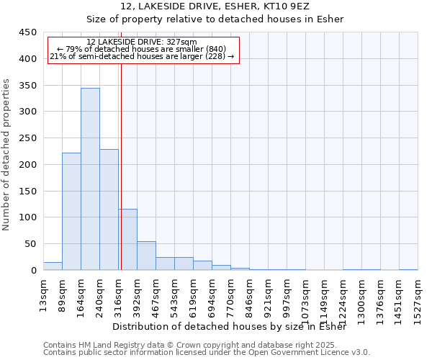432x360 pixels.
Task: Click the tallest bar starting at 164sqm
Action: [x=90, y=179]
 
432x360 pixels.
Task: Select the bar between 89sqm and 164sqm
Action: [x=71, y=212]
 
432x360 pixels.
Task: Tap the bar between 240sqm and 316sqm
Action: [x=109, y=210]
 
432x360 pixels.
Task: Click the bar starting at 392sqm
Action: [x=146, y=256]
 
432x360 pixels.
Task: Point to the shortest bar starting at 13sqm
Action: [x=53, y=266]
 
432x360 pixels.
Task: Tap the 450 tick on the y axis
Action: [x=28, y=32]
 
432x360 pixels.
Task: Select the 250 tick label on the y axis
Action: [x=28, y=138]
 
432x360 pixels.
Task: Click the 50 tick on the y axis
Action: [x=31, y=244]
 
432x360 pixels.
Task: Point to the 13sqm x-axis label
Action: [x=44, y=295]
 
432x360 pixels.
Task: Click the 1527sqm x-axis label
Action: [x=418, y=300]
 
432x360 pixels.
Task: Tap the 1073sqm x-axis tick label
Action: [x=305, y=300]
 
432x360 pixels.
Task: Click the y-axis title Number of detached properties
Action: [x=7, y=155]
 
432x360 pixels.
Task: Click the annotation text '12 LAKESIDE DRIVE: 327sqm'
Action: [x=141, y=42]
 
